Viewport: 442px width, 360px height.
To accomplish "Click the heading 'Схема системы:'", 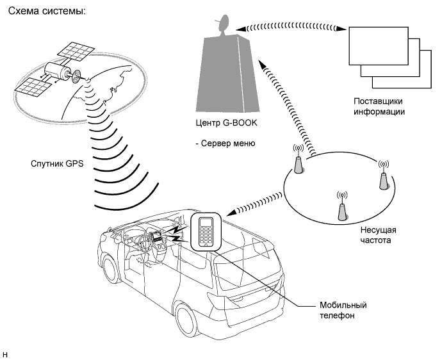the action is click(47, 11).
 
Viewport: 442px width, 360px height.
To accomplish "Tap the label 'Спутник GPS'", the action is click(57, 164).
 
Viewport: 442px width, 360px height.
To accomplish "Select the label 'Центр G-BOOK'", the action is click(227, 123).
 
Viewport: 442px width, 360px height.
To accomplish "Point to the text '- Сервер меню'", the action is click(225, 143).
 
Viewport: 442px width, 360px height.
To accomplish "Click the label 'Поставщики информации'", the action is click(379, 106).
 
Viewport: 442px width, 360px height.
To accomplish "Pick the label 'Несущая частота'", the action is click(379, 235).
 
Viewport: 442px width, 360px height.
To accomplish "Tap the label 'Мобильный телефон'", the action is click(343, 310).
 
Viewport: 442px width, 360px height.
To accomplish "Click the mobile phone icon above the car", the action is click(206, 232).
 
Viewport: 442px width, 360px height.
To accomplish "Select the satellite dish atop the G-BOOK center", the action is click(223, 24).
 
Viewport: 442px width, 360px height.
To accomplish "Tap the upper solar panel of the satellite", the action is click(76, 53).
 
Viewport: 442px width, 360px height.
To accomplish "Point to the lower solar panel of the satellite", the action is click(33, 87).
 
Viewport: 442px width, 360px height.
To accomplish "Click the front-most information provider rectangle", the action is click(379, 46).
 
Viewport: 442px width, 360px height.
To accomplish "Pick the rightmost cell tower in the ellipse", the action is click(383, 176).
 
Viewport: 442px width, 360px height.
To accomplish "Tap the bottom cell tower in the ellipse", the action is click(342, 207).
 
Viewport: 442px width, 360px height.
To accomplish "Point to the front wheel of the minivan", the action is click(111, 270).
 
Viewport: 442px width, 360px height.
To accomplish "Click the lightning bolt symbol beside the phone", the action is click(176, 233).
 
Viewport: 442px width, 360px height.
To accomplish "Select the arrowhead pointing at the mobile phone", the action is click(231, 213).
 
